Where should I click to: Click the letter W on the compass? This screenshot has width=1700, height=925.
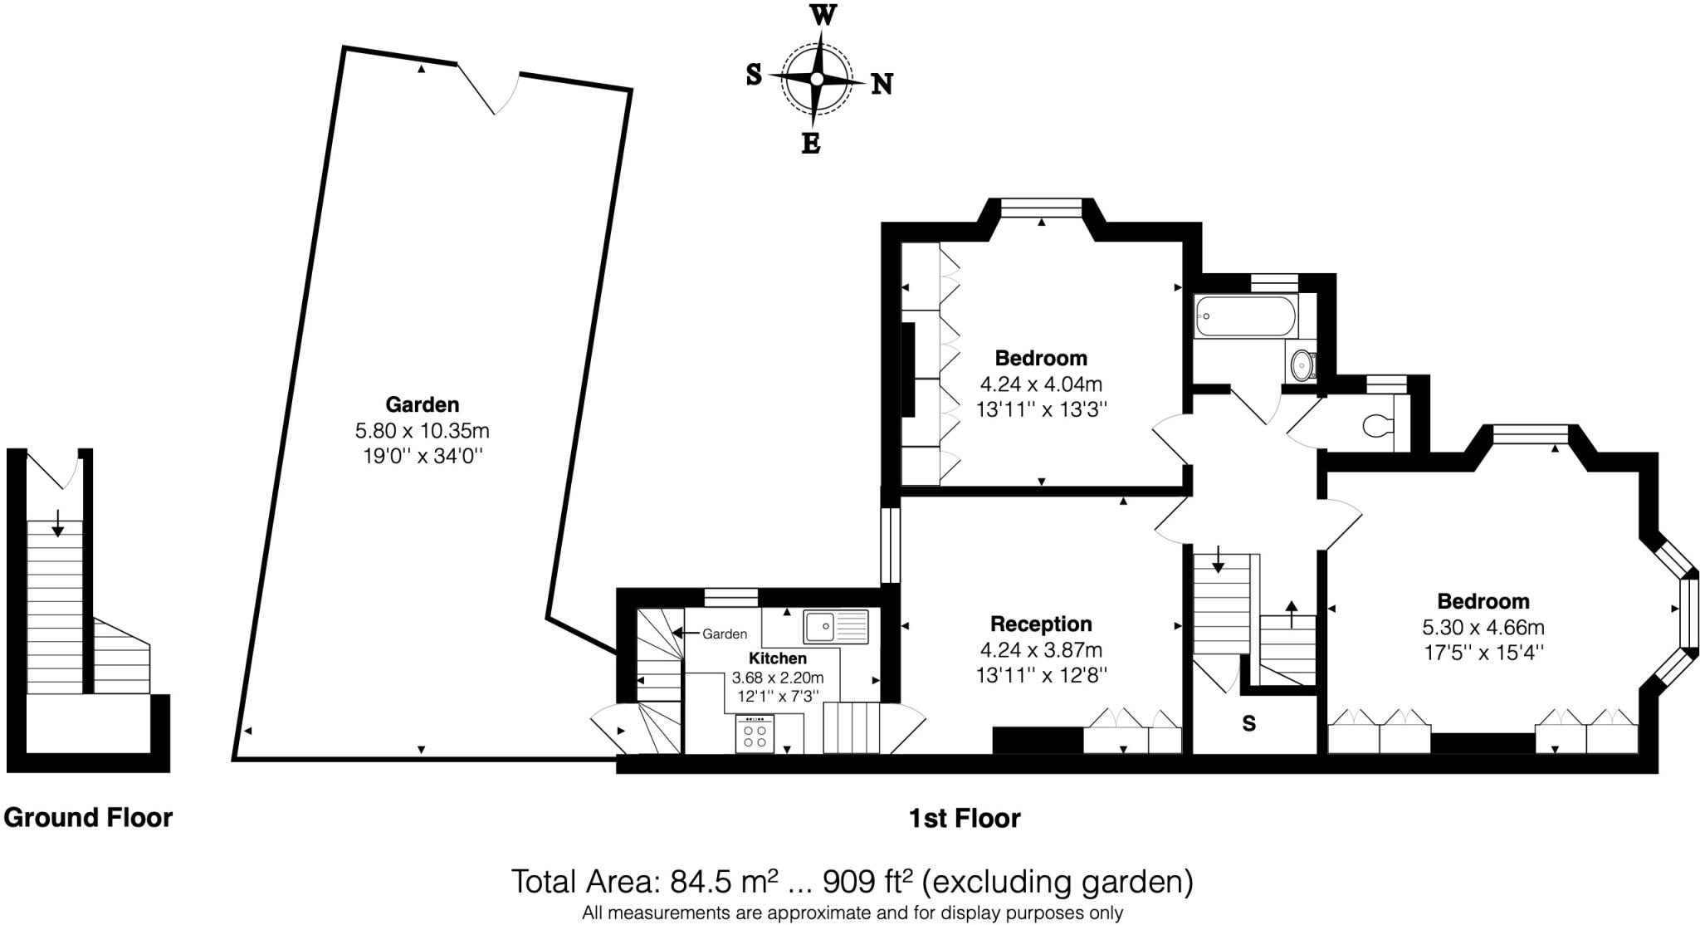[x=822, y=15]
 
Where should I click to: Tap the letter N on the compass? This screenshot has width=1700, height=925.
[x=882, y=84]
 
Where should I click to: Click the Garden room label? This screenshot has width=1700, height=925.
[x=422, y=404]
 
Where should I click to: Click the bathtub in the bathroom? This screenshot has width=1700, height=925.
[x=1244, y=316]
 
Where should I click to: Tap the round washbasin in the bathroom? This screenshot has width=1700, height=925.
[x=1303, y=363]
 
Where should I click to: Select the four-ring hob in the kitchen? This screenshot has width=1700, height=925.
[x=755, y=734]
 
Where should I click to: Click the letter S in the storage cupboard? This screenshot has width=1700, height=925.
[x=1248, y=724]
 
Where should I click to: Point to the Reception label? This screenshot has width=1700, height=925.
[x=1041, y=624]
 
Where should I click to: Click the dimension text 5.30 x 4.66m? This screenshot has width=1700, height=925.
[x=1483, y=627]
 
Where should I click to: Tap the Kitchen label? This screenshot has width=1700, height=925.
[x=778, y=658]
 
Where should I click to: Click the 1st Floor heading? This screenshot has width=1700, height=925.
[x=964, y=819]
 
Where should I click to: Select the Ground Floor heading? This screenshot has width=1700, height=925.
[x=88, y=818]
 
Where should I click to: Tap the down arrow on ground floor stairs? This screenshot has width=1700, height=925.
[x=57, y=523]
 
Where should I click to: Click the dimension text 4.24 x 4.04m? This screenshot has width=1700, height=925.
[x=1041, y=384]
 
